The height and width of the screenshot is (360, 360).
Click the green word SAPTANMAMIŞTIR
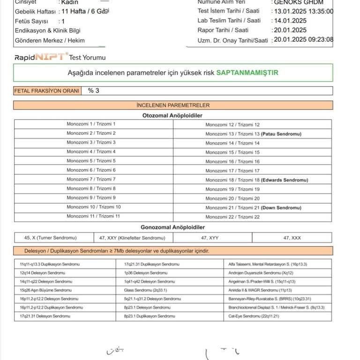tap(247, 73)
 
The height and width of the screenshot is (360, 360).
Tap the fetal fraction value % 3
tap(94, 90)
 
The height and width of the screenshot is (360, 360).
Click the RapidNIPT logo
tap(41, 58)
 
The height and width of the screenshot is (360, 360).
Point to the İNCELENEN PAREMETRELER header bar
tap(173, 105)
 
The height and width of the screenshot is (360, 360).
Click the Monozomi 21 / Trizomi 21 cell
tap(253, 208)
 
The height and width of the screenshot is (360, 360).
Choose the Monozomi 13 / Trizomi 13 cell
tap(253, 134)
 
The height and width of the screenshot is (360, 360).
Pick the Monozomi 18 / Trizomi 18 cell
tap(253, 180)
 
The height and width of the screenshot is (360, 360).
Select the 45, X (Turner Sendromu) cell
tap(50, 238)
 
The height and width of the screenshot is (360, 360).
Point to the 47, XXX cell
tap(292, 238)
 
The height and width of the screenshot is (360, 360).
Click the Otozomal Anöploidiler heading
tap(172, 115)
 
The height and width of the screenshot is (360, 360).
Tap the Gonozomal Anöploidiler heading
tap(172, 227)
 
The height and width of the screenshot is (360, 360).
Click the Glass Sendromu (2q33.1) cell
tap(145, 290)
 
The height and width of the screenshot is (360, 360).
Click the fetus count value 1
tap(63, 21)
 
